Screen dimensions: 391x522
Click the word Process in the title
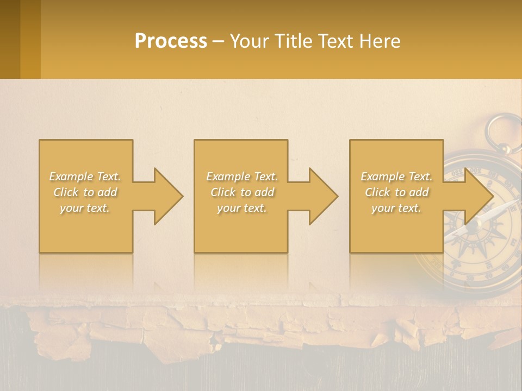point(171,41)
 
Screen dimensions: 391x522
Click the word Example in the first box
point(71,176)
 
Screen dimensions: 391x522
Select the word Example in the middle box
point(228,176)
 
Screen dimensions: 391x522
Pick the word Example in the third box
point(382,176)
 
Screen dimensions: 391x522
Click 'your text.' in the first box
point(85,208)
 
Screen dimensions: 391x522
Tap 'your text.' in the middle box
point(241,208)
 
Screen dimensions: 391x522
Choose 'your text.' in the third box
point(396,208)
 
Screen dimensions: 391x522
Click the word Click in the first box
point(66,192)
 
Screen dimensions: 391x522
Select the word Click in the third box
point(377,192)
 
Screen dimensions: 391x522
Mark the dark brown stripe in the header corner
point(10,39)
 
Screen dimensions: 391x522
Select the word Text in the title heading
point(333,41)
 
